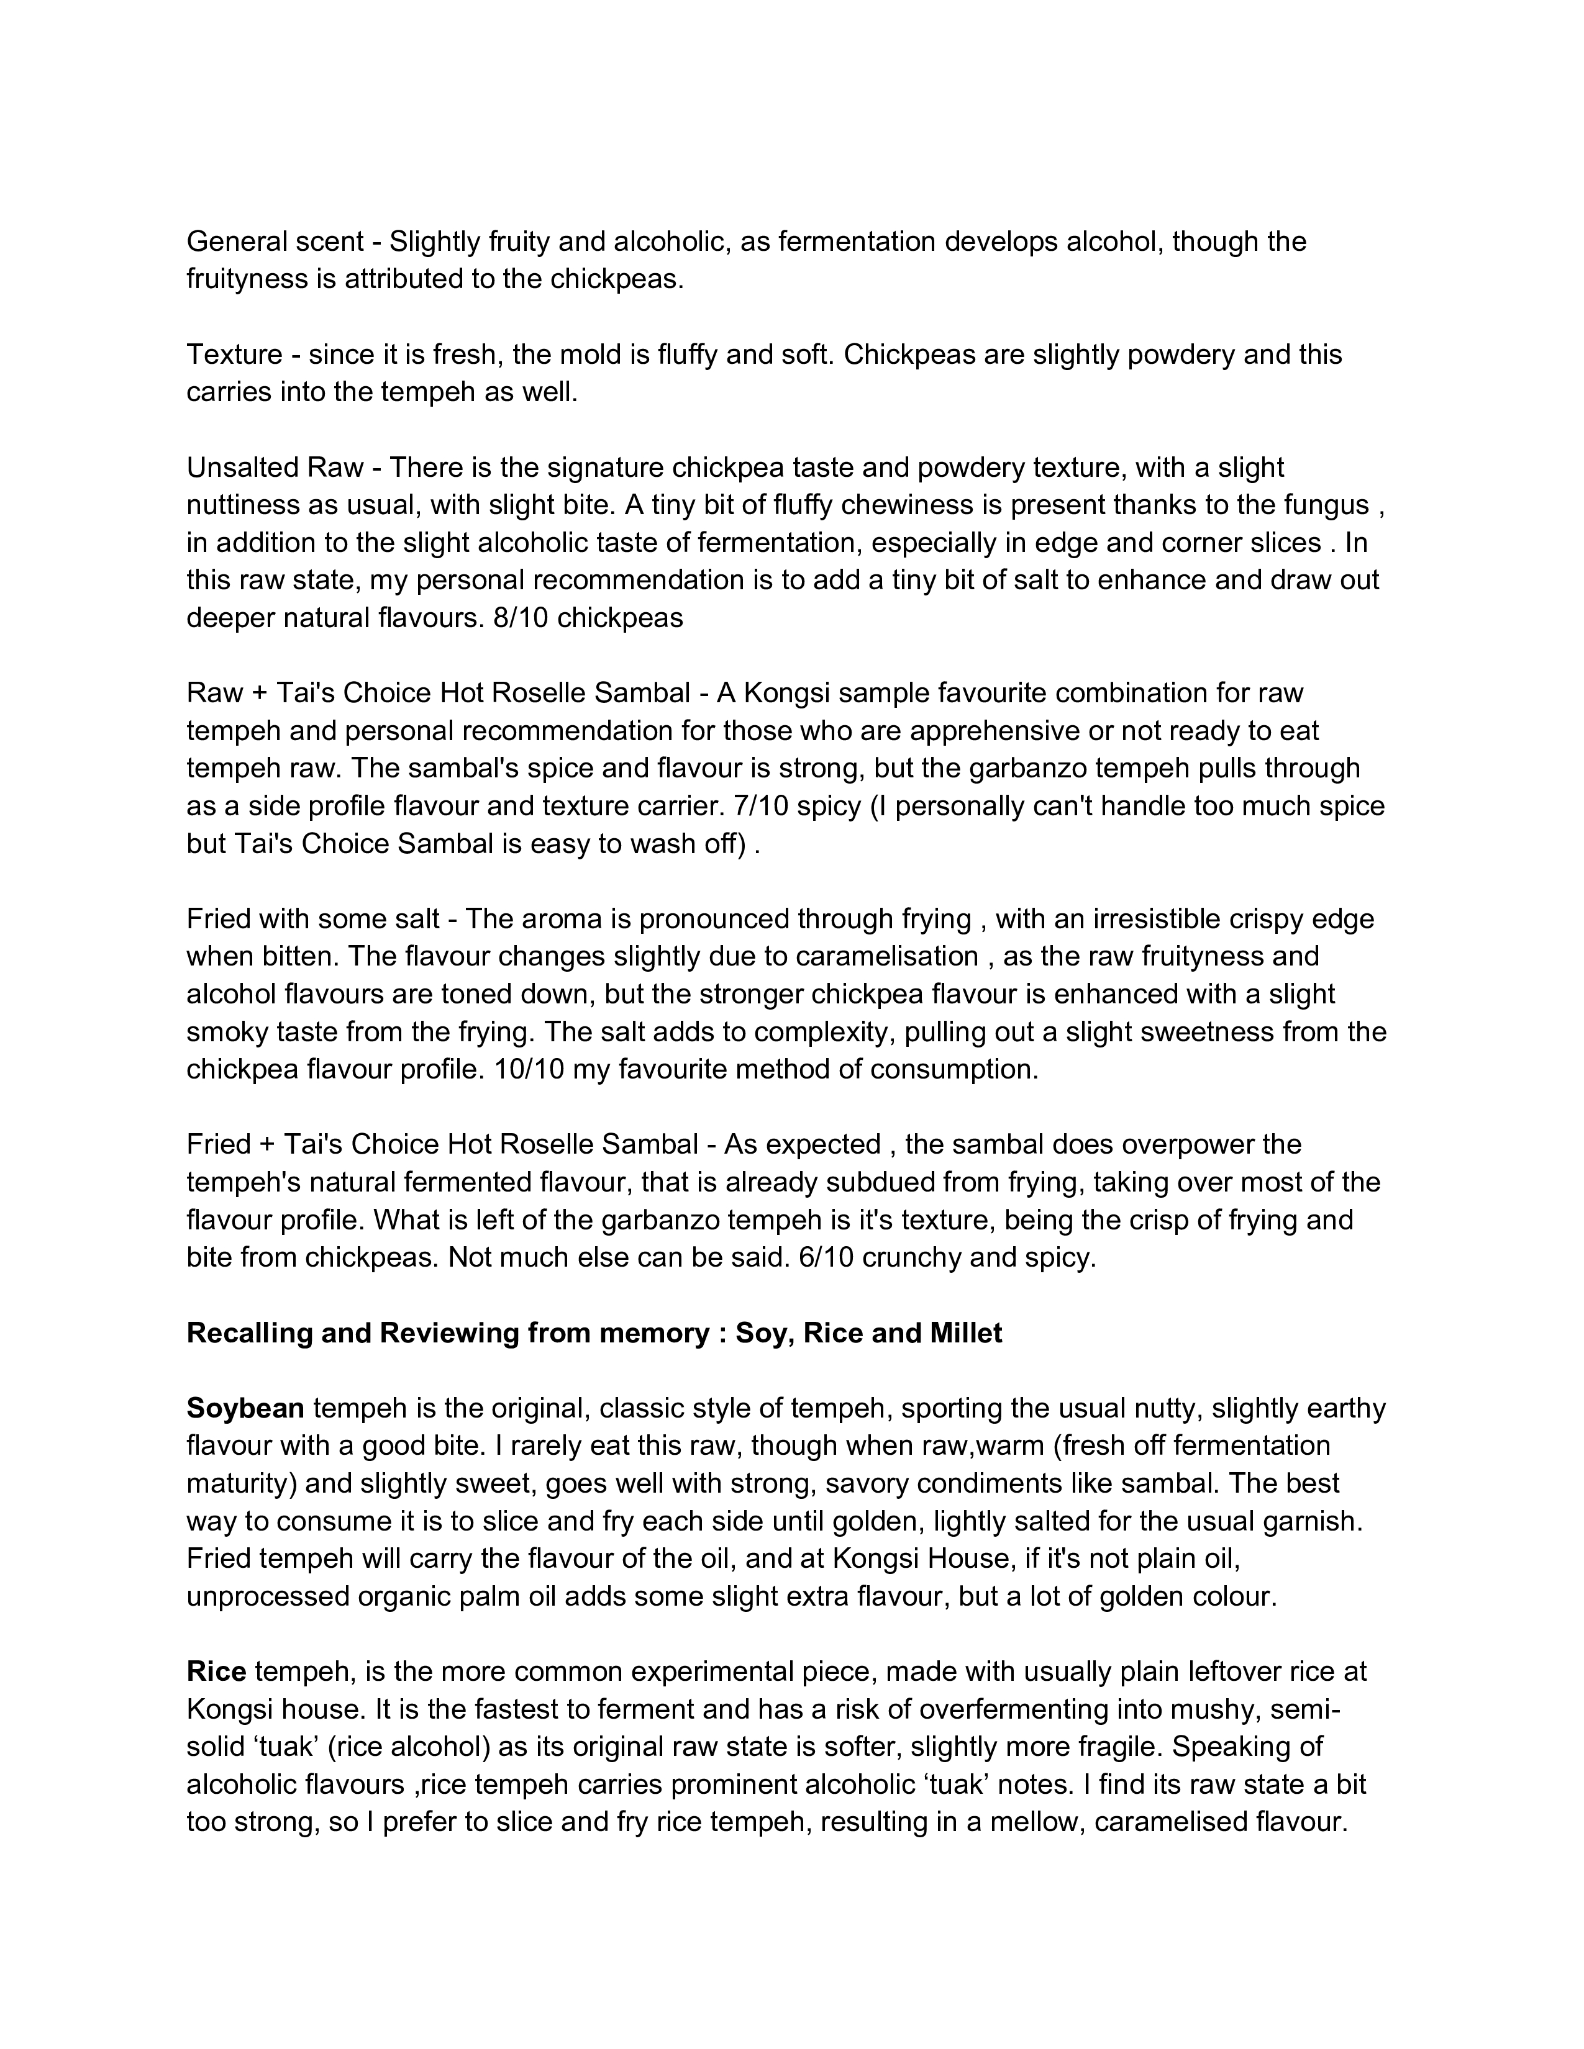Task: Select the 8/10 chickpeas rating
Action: [588, 618]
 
